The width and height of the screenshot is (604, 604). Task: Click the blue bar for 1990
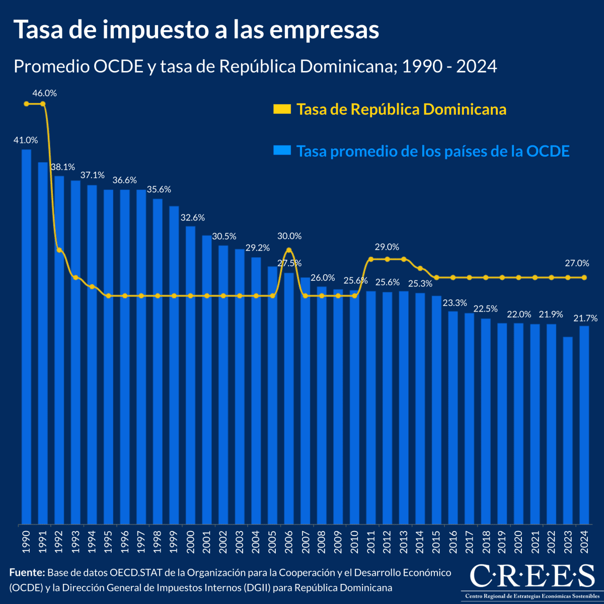[26, 337]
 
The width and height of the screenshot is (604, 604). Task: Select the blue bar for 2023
[568, 430]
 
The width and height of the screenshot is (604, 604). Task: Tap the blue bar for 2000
[190, 375]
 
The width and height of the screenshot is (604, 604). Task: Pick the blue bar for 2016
[453, 418]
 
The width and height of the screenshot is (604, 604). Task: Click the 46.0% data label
[44, 93]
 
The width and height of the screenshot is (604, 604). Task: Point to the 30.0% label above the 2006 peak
[289, 236]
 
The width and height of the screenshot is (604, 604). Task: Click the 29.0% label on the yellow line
[387, 247]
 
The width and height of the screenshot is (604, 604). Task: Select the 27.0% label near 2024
[577, 263]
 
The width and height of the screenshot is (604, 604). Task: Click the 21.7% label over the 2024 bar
[585, 318]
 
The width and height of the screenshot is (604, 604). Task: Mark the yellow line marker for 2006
[289, 250]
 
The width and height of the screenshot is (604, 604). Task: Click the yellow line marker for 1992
[59, 250]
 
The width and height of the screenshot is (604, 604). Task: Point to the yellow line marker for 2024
[584, 277]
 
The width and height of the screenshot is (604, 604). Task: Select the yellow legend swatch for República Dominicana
[282, 109]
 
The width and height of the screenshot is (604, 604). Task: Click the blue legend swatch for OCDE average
[282, 150]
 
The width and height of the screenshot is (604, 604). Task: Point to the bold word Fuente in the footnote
[27, 573]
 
